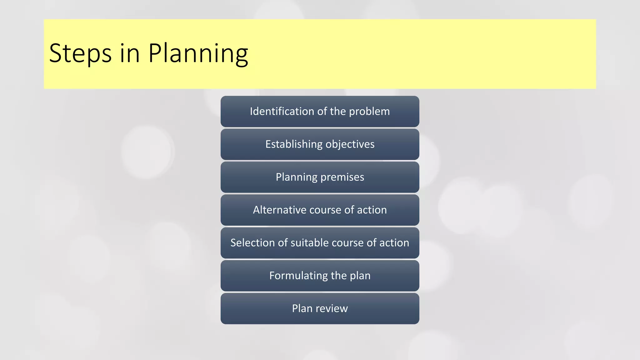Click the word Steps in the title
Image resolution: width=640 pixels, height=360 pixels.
(x=80, y=53)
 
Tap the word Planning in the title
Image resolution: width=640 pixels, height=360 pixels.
(x=198, y=53)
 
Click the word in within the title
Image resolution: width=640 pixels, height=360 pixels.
(x=130, y=53)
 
